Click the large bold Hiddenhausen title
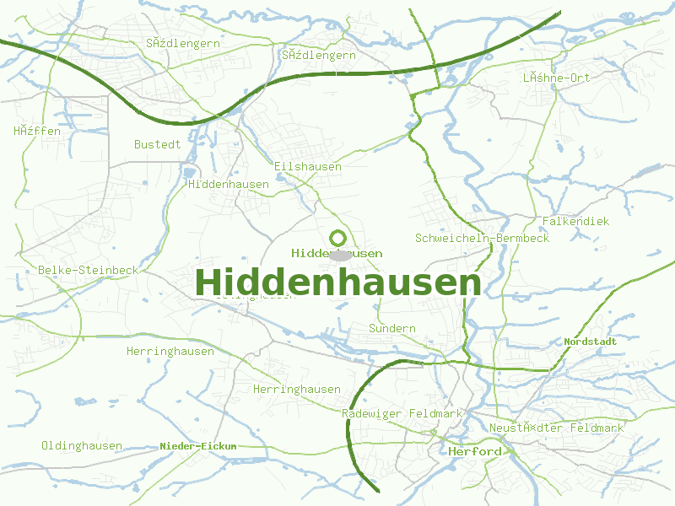(x=337, y=283)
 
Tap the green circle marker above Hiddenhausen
(x=338, y=238)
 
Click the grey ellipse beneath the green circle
(x=340, y=255)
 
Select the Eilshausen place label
(x=308, y=166)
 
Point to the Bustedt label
(x=157, y=144)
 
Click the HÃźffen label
(x=36, y=131)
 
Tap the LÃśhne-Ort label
(x=556, y=77)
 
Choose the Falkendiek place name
(x=575, y=221)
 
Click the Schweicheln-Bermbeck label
(x=482, y=238)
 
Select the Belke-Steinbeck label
(x=88, y=270)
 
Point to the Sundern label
(x=392, y=328)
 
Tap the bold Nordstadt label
(x=590, y=342)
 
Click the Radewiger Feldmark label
(x=402, y=414)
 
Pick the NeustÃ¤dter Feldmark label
(x=556, y=428)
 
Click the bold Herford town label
(x=475, y=451)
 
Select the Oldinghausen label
(x=82, y=445)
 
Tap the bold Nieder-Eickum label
(x=198, y=445)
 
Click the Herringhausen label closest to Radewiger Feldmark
(x=297, y=389)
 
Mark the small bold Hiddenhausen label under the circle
(x=337, y=253)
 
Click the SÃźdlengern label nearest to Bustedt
(x=182, y=43)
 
